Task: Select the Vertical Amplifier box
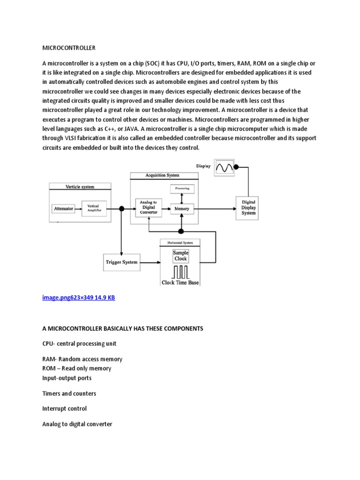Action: pos(94,208)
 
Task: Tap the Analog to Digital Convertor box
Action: pos(149,207)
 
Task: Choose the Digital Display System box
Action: pos(248,207)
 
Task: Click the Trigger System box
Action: pos(121,262)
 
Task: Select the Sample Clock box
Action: pos(180,255)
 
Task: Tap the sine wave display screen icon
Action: pos(224,166)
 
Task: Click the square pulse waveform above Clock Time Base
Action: pos(180,272)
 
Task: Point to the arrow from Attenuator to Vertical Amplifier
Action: pos(78,208)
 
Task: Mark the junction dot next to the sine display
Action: pos(237,166)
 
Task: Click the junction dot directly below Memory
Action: pos(180,231)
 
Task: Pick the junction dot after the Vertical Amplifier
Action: pos(121,208)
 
